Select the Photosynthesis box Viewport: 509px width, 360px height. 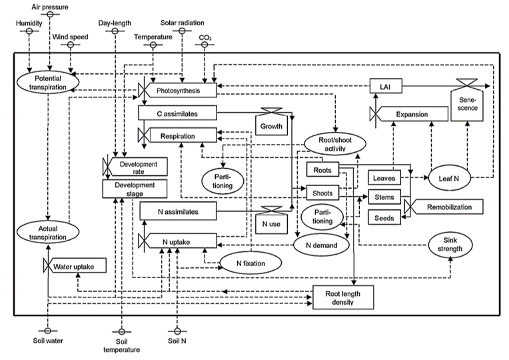(177, 90)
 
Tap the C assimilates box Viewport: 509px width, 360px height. (177, 114)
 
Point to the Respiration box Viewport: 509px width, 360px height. (177, 136)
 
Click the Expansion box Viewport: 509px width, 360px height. (411, 115)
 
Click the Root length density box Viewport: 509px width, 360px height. (344, 297)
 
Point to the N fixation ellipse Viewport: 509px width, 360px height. (251, 263)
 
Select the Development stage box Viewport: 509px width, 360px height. (134, 189)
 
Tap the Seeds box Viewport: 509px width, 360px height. (384, 218)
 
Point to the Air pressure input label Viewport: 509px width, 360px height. (50, 7)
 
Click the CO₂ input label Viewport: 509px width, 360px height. (205, 38)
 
